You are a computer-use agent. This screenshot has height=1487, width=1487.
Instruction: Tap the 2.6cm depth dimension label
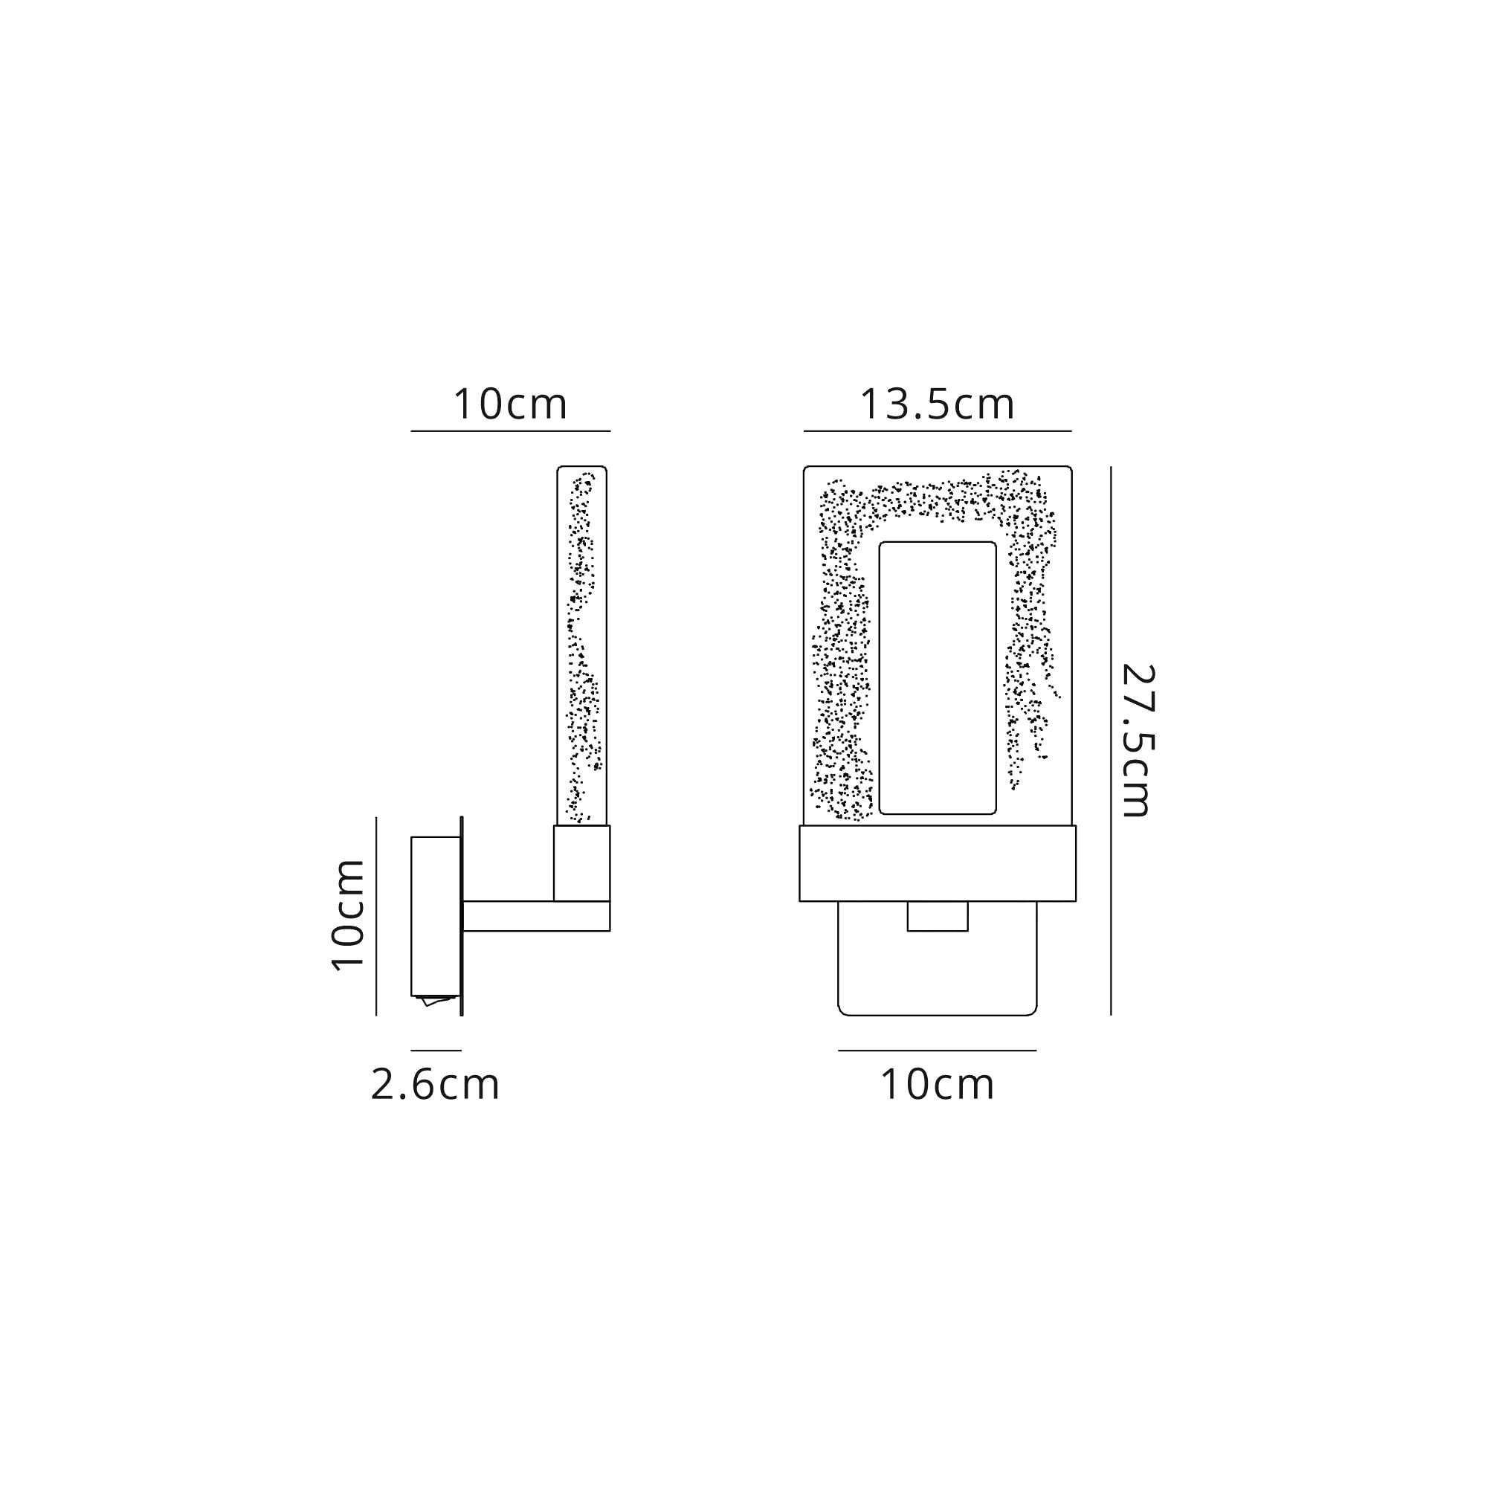[435, 1086]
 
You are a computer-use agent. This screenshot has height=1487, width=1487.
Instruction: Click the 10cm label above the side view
[510, 404]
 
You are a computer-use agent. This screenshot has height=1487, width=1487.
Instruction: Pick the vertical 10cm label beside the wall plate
[348, 915]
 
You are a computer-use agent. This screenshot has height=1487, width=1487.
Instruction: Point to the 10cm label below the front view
[937, 1086]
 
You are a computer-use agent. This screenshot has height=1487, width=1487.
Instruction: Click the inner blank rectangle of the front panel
[937, 677]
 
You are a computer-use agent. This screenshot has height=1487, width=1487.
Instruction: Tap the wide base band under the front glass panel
[937, 862]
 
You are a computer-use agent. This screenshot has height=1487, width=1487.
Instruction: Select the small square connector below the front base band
[937, 916]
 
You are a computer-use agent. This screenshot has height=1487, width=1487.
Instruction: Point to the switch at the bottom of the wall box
[436, 1001]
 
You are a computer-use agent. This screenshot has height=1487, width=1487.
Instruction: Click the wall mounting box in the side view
[435, 916]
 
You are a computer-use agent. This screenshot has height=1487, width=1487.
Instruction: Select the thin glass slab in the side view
[582, 647]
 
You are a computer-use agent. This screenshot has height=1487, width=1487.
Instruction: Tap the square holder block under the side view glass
[582, 862]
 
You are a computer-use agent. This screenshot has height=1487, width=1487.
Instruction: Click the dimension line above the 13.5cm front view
[937, 431]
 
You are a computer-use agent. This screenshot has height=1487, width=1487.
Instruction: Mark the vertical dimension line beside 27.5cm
[1111, 741]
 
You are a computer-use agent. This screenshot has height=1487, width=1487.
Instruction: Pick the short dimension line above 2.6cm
[436, 1050]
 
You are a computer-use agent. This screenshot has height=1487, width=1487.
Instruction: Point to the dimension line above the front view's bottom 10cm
[937, 1050]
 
